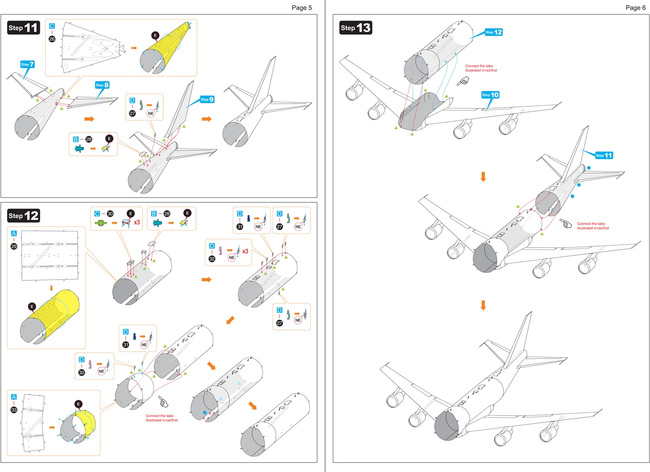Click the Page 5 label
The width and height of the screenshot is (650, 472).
click(302, 7)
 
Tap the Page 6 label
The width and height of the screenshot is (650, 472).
click(635, 7)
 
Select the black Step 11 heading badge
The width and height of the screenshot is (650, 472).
click(24, 28)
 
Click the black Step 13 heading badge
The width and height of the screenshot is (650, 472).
click(356, 28)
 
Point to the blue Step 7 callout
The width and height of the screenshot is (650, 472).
click(27, 64)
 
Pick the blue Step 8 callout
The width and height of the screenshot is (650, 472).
click(102, 85)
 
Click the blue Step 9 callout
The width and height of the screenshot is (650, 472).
click(207, 99)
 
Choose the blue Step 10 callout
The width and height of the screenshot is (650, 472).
click(491, 94)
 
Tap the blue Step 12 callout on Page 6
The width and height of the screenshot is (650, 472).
click(494, 32)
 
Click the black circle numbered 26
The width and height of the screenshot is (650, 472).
click(52, 39)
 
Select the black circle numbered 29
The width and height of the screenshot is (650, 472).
click(14, 246)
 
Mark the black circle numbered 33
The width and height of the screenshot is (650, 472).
click(14, 410)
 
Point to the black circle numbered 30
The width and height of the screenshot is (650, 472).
click(110, 214)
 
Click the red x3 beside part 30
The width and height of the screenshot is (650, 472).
click(137, 222)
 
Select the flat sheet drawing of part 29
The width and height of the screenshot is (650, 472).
click(50, 256)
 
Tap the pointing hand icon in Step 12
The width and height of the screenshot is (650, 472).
click(163, 401)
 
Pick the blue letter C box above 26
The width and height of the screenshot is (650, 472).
click(52, 26)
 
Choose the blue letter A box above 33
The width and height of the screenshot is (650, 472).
click(14, 397)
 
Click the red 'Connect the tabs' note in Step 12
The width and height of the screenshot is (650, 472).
click(162, 418)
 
